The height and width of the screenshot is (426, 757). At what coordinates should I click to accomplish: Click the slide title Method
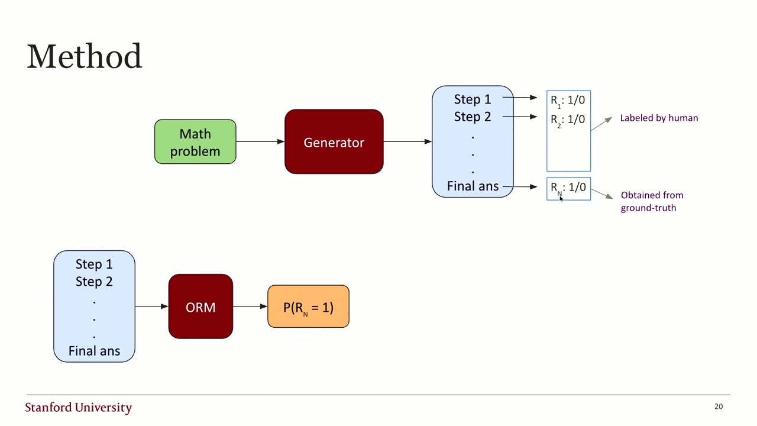point(85,56)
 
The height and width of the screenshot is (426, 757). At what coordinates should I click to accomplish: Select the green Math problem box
point(195,141)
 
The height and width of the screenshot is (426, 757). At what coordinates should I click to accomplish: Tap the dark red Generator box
point(334,141)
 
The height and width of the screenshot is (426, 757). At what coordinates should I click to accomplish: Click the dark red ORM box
point(200,306)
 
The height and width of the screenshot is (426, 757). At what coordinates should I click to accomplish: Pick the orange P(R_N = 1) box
point(308,306)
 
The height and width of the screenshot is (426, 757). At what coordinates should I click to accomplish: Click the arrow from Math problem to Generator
point(260,141)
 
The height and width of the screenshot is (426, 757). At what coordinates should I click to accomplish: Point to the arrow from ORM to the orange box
point(250,306)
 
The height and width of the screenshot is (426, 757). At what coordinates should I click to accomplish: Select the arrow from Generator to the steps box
point(407,141)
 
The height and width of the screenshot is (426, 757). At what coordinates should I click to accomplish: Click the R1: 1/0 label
point(568,101)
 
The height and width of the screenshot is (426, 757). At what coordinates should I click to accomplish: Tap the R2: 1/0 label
point(568,120)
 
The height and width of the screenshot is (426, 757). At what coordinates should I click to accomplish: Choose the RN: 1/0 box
point(569,189)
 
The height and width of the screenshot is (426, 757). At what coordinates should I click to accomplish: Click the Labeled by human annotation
point(659,118)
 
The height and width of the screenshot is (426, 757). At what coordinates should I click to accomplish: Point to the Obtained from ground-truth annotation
point(652,202)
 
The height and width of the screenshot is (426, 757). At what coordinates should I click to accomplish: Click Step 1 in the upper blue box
point(473,99)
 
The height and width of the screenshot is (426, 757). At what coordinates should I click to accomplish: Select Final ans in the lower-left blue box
point(94,351)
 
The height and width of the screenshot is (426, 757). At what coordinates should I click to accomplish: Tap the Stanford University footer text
point(79,408)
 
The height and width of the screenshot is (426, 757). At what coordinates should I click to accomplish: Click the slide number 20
point(719,406)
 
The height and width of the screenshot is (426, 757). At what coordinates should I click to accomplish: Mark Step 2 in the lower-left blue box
point(94,282)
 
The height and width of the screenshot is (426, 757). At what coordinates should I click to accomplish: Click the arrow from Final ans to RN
point(520,186)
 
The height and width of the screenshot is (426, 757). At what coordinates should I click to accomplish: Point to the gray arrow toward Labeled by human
point(601,124)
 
